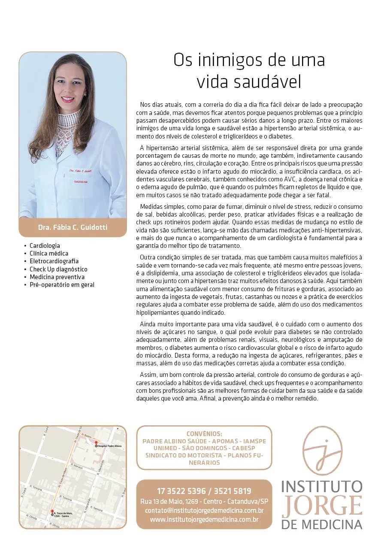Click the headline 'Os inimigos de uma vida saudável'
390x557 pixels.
tap(249, 71)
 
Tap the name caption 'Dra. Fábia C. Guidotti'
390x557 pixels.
tap(73, 227)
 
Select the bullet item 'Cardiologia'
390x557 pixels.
tap(45, 246)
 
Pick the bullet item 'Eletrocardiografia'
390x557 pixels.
tap(54, 261)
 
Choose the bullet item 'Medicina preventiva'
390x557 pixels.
tap(57, 277)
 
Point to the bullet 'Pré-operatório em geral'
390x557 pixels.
tap(62, 285)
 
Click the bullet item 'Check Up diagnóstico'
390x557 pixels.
tap(58, 269)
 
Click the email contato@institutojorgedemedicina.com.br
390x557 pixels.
tap(204, 511)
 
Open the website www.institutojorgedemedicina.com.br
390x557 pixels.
tap(204, 520)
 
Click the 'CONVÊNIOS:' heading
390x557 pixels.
tap(204, 434)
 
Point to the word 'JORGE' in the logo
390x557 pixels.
tap(322, 506)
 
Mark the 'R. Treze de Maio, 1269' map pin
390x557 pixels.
tap(52, 512)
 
